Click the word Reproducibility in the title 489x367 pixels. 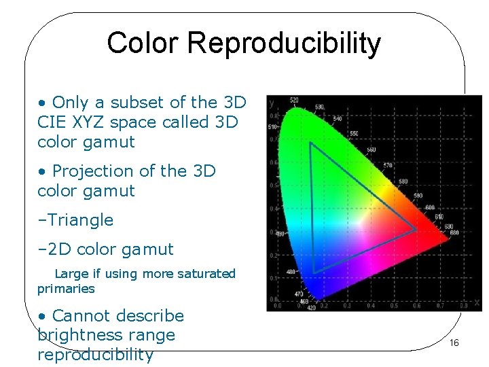pos(284,43)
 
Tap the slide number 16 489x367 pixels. pos(454,343)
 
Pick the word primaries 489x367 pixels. pos(66,289)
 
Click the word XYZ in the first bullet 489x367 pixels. pos(79,122)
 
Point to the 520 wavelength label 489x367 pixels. pos(293,101)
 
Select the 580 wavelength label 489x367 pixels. pos(403,181)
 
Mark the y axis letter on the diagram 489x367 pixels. pos(272,103)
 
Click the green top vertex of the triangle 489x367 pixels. pos(310,143)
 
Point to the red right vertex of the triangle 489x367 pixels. pos(416,230)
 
